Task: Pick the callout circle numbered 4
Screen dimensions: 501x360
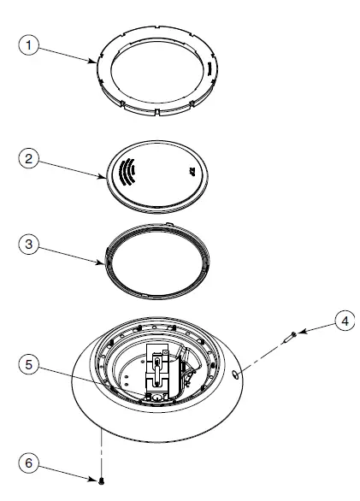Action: point(342,321)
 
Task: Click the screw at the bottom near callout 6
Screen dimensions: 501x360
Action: point(102,482)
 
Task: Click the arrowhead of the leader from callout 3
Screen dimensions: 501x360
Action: point(105,262)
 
